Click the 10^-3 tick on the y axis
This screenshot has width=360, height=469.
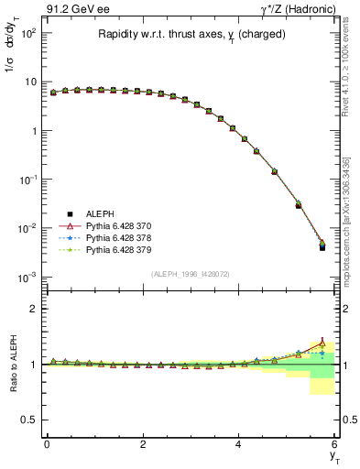29,277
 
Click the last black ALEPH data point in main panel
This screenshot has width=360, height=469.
322,247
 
